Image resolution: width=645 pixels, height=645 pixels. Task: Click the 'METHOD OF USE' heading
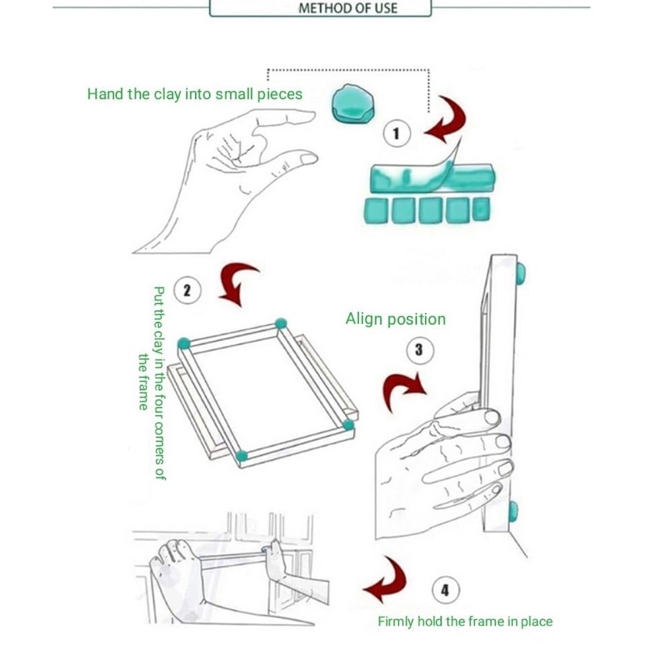[347, 10]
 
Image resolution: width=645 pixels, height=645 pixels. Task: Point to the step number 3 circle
[418, 350]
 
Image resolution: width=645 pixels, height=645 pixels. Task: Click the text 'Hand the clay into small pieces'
[194, 94]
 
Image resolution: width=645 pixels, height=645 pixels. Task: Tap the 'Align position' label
[395, 319]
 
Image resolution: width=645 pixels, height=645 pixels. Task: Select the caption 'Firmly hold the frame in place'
[465, 621]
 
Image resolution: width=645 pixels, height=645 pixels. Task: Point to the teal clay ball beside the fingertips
[352, 104]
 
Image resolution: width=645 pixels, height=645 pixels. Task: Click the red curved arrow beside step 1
[446, 120]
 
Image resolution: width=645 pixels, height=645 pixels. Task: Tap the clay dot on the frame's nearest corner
[242, 456]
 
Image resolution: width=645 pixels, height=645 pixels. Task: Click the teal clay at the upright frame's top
[520, 273]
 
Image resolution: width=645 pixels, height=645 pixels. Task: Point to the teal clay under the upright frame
[514, 511]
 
